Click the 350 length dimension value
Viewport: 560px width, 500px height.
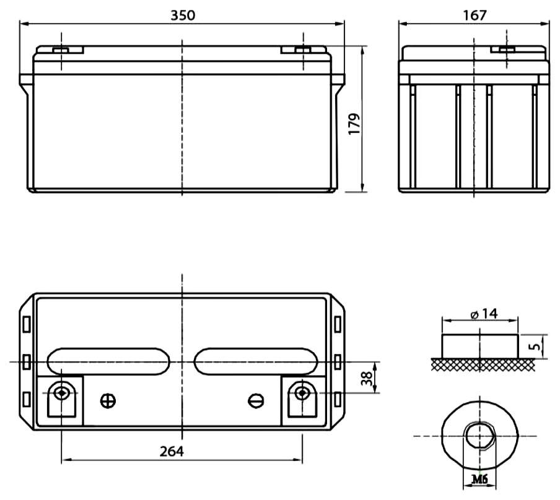183,15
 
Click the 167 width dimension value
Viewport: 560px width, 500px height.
475,15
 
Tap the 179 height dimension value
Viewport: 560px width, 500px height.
354,124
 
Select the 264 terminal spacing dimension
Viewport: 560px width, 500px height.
172,452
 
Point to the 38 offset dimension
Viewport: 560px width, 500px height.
366,377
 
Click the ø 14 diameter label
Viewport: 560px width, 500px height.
484,314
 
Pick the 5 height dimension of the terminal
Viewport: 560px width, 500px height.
536,346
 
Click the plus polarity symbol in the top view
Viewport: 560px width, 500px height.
108,401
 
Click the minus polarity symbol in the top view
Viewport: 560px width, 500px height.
256,401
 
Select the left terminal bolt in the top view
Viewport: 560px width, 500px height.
61,393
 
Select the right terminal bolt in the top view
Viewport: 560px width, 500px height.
302,393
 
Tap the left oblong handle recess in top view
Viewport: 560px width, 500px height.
108,361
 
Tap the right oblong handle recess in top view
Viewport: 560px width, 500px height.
256,361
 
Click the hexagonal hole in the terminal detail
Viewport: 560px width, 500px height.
479,436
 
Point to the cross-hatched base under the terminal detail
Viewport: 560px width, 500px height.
483,364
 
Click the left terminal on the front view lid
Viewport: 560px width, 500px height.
61,50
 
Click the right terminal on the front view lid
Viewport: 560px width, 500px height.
303,50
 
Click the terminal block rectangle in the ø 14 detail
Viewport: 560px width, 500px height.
479,346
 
